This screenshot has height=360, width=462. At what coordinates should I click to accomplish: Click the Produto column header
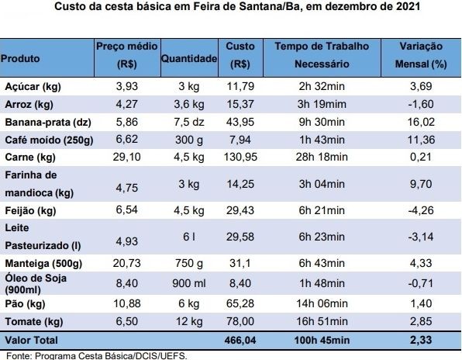[x=20, y=58]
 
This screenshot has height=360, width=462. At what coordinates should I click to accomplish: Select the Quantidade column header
[x=189, y=58]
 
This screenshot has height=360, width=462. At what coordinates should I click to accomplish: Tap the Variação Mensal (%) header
[x=421, y=55]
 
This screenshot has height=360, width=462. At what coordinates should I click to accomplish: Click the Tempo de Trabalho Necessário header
[x=322, y=55]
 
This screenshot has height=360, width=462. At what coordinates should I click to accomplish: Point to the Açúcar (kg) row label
[x=33, y=87]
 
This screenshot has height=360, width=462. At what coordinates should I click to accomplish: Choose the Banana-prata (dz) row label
[x=48, y=122]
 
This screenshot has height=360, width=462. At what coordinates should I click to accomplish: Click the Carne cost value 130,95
[x=240, y=157]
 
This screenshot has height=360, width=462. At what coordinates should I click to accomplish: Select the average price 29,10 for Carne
[x=126, y=157]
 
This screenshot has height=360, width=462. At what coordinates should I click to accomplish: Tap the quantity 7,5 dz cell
[x=189, y=122]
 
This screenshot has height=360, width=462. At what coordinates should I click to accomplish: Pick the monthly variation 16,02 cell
[x=421, y=122]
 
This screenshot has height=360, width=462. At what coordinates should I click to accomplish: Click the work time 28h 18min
[x=322, y=157]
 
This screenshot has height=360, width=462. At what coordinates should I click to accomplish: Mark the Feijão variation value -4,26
[x=421, y=210]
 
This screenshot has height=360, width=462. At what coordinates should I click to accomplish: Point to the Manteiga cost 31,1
[x=240, y=263]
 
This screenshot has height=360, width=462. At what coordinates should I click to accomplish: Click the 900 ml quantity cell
[x=189, y=283]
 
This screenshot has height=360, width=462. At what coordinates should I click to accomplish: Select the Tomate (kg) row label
[x=34, y=322]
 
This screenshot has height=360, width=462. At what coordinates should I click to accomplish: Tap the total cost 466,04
[x=240, y=341]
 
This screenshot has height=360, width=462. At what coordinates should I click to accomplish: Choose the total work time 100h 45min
[x=322, y=341]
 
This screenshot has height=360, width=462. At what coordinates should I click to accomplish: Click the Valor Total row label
[x=32, y=340]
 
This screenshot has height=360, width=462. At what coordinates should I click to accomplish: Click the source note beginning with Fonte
[x=96, y=355]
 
